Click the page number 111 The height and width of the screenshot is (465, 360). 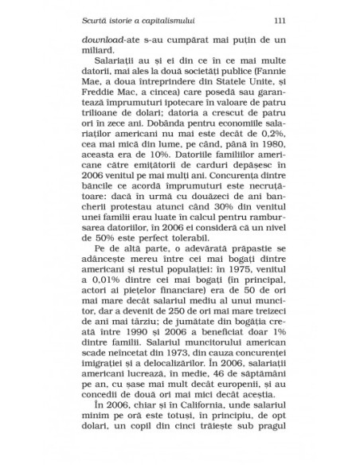[278, 20]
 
